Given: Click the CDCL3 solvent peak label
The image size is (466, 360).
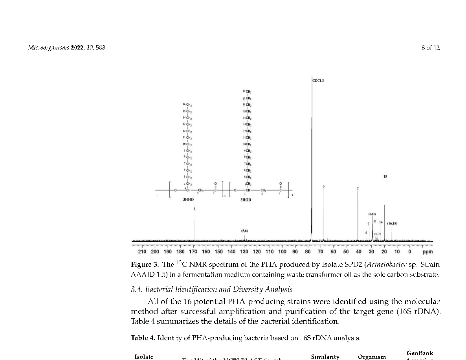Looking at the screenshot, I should (318, 81).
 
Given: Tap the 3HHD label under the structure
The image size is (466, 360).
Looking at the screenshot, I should (188, 200).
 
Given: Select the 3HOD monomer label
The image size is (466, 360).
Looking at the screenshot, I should (246, 200).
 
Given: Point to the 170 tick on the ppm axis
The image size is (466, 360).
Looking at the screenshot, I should (193, 252).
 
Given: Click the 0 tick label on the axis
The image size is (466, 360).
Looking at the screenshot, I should (410, 252).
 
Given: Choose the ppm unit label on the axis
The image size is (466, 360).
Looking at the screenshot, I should (427, 252).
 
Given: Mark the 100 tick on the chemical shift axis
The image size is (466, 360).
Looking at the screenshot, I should (282, 252).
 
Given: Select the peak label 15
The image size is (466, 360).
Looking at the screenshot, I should (385, 177).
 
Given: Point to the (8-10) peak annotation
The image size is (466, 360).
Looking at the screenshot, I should (372, 214).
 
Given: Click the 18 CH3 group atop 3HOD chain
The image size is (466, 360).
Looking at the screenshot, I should (247, 92).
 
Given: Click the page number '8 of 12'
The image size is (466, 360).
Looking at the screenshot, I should (430, 48).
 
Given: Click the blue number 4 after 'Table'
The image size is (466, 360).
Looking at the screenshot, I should (153, 321).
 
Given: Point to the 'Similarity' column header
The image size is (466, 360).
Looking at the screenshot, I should (325, 357).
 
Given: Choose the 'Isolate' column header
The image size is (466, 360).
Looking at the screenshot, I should (144, 357).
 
